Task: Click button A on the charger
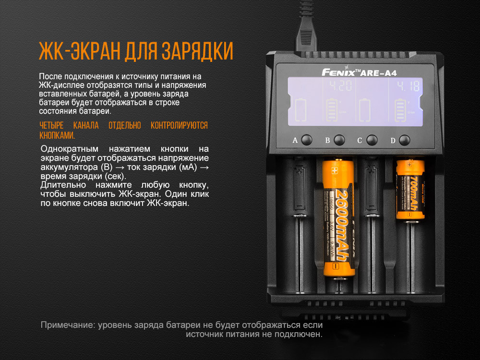click(307, 140)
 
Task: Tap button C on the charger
click(372, 140)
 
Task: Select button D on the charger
click(405, 140)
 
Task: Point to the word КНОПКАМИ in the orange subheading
click(57, 135)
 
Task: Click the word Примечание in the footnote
click(67, 325)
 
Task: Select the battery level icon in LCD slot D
click(399, 111)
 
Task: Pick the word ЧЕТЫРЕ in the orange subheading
click(52, 126)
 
